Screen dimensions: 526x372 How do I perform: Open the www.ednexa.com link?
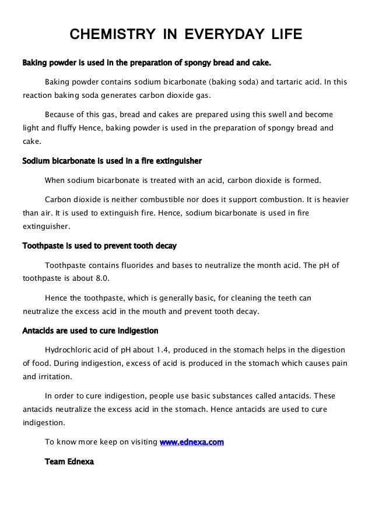(x=192, y=443)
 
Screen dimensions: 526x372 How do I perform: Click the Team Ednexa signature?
(x=69, y=461)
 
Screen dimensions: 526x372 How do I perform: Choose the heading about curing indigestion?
(x=90, y=331)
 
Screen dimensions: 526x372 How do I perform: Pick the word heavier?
(x=332, y=199)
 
